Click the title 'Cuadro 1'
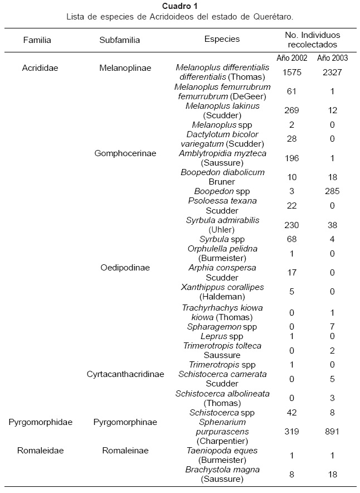coord(179,6)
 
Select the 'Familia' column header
coord(37,40)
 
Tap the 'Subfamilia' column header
coord(119,40)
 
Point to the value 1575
coord(291,72)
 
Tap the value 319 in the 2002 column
coord(291,431)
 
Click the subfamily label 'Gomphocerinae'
coord(125,153)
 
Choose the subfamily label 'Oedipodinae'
coord(125,268)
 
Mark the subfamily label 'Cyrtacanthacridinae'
coord(125,374)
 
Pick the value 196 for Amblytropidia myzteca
coord(291,158)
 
